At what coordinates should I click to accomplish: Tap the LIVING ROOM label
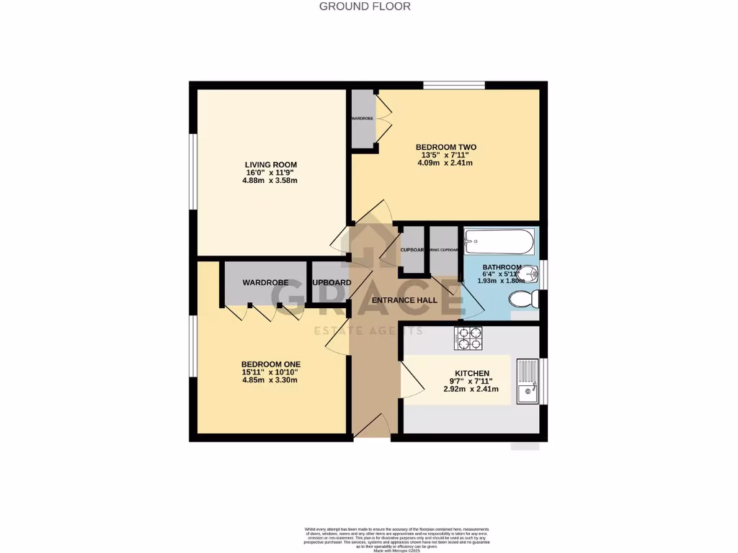[270, 165]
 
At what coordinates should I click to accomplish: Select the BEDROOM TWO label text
[446, 147]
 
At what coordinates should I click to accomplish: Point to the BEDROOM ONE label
[270, 364]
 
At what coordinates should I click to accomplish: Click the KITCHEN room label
[471, 374]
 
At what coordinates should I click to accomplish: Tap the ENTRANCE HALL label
[404, 300]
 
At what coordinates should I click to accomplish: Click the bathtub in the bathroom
[499, 241]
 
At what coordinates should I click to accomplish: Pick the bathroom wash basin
[528, 274]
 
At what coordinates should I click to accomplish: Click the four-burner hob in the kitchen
[468, 338]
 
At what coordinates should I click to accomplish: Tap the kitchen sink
[528, 381]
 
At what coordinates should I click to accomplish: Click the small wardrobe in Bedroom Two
[362, 119]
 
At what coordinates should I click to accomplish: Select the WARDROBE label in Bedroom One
[265, 283]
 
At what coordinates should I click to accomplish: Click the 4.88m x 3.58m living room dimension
[270, 181]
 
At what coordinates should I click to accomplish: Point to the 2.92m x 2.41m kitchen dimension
[471, 390]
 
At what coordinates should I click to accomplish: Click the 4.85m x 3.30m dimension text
[270, 380]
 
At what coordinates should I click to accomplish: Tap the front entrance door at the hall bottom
[372, 429]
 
